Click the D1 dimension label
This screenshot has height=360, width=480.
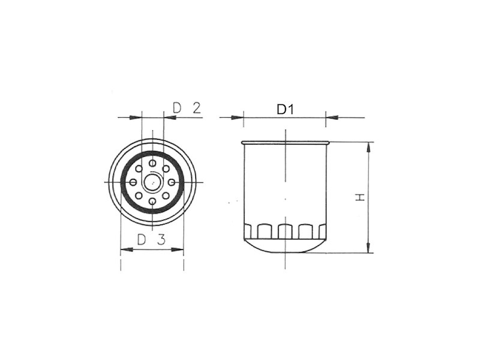pyautogui.click(x=286, y=109)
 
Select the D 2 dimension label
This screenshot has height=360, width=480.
pyautogui.click(x=186, y=108)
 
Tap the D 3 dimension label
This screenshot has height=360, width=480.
pyautogui.click(x=151, y=239)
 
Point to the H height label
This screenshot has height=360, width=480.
pyautogui.click(x=359, y=197)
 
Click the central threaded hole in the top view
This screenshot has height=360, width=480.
pyautogui.click(x=152, y=181)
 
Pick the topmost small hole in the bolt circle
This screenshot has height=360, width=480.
pyautogui.click(x=152, y=163)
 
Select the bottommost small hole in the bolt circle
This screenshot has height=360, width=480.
pyautogui.click(x=152, y=201)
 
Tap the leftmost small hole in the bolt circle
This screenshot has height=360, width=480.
pyautogui.click(x=133, y=182)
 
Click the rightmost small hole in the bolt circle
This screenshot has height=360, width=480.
pyautogui.click(x=172, y=181)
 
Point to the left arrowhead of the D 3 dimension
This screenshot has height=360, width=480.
pyautogui.click(x=126, y=250)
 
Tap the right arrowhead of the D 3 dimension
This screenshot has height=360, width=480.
pyautogui.click(x=179, y=250)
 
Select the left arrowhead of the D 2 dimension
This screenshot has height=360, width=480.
pyautogui.click(x=136, y=118)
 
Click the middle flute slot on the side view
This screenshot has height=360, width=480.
pyautogui.click(x=285, y=232)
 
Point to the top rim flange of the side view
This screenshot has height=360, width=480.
pyautogui.click(x=285, y=143)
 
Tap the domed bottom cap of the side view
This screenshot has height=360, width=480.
pyautogui.click(x=285, y=246)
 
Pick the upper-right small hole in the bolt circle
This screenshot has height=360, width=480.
pyautogui.click(x=166, y=169)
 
